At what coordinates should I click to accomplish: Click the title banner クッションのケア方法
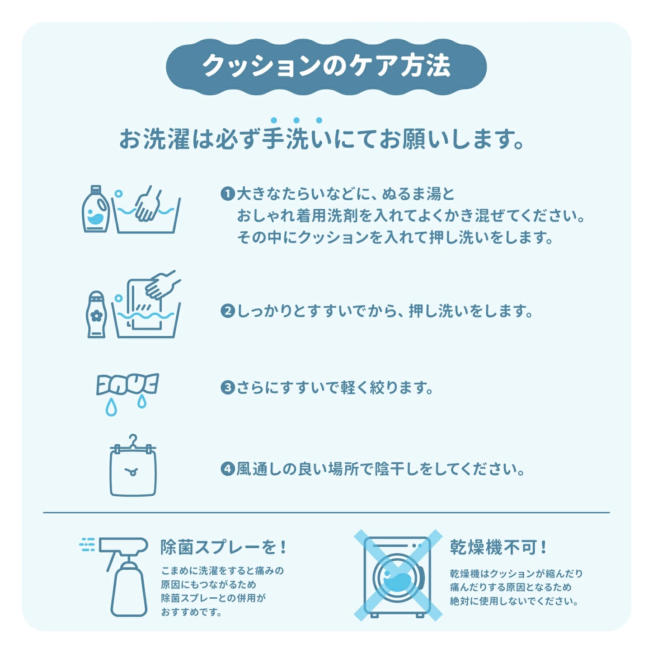pos(326,66)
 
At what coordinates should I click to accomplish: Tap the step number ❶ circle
pos(227,194)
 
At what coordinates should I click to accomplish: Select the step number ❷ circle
pos(227,311)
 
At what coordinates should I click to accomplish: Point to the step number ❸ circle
pos(227,388)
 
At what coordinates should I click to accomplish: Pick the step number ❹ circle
pos(227,469)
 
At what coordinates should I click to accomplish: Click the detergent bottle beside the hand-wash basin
pos(96,210)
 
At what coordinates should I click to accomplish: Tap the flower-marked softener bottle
pos(96,315)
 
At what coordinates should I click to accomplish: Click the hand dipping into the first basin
pos(148,205)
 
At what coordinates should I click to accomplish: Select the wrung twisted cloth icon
pos(127,384)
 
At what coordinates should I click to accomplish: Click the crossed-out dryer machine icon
pos(397,576)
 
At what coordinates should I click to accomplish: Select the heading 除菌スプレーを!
pos(223,548)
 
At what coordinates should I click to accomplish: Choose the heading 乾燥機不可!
pos(498,548)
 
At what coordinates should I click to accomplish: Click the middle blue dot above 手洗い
pos(296,120)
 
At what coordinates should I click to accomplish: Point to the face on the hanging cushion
pos(132,472)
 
